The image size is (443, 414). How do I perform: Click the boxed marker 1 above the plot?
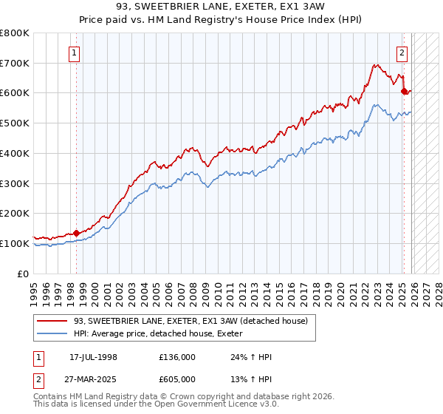click(76, 52)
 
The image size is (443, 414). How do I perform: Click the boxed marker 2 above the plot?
click(402, 52)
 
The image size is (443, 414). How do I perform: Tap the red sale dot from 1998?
click(77, 233)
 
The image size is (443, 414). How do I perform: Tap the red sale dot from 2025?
click(404, 92)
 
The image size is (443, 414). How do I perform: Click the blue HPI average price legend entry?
click(162, 334)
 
